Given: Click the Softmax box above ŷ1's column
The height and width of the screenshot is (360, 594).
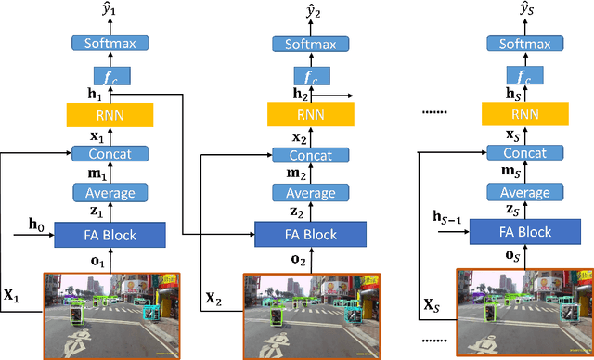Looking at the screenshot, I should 110,43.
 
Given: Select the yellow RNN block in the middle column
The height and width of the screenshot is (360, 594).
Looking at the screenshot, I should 110,115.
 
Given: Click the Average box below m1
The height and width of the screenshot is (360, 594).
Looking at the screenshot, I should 110,193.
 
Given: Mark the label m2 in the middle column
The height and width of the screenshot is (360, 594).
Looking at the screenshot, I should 297,174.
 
